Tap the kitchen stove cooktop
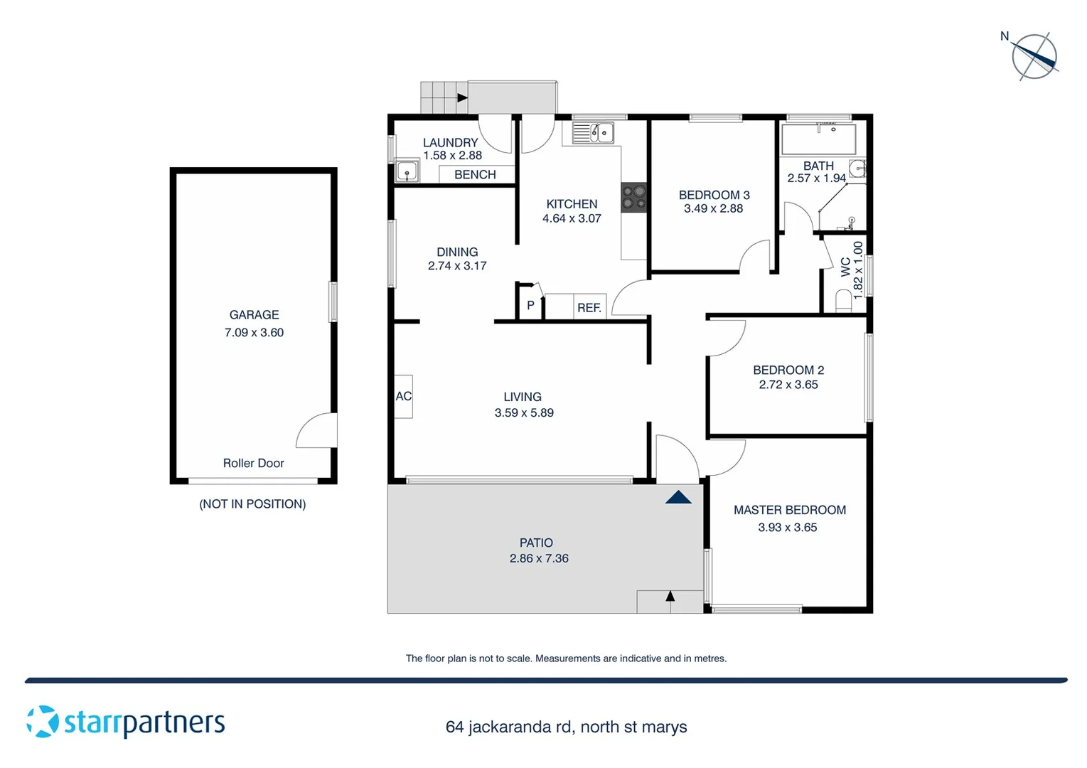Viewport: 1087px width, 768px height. (x=633, y=198)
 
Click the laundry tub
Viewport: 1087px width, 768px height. (x=407, y=171)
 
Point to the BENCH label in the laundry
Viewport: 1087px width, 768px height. (x=475, y=175)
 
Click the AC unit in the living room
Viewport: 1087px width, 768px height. (x=404, y=396)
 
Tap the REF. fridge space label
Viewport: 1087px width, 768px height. (x=589, y=308)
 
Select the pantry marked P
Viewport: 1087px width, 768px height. (x=530, y=306)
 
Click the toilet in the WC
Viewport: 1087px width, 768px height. (x=843, y=301)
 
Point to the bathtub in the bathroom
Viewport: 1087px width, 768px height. (x=818, y=139)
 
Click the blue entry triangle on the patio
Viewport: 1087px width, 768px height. (x=678, y=497)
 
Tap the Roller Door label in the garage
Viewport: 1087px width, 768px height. (x=253, y=463)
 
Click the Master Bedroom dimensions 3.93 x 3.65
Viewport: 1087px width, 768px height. (x=787, y=528)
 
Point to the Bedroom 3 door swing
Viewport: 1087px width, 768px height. (x=756, y=257)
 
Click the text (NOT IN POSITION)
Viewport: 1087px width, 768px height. (x=252, y=504)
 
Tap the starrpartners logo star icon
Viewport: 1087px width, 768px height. (x=43, y=721)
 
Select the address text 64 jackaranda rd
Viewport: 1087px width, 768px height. (x=508, y=727)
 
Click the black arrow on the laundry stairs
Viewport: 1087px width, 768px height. (x=462, y=97)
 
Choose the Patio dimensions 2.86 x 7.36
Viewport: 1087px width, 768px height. (x=539, y=559)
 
